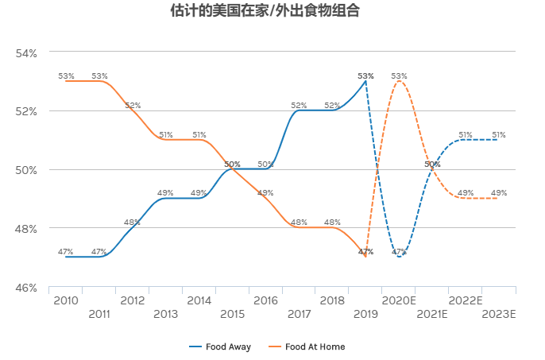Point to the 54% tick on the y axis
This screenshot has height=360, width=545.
[27, 52]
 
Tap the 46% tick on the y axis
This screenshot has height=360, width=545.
[27, 287]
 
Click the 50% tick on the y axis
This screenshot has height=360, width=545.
[27, 169]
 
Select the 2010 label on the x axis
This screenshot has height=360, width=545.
[65, 300]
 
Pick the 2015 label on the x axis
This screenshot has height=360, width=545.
[232, 315]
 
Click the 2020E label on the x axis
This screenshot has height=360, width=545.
[399, 300]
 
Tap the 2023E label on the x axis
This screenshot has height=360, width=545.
[499, 315]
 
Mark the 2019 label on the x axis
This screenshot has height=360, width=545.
[365, 315]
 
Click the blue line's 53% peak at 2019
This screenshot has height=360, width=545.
[365, 81]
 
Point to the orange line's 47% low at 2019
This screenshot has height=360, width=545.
[365, 257]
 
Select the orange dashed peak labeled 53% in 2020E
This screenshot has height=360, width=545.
[400, 81]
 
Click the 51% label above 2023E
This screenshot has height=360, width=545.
[499, 134]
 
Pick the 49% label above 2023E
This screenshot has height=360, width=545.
[499, 193]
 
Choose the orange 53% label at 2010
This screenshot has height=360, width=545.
[66, 76]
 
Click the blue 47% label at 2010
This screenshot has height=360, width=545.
[66, 252]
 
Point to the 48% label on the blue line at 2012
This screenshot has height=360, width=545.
[132, 223]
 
